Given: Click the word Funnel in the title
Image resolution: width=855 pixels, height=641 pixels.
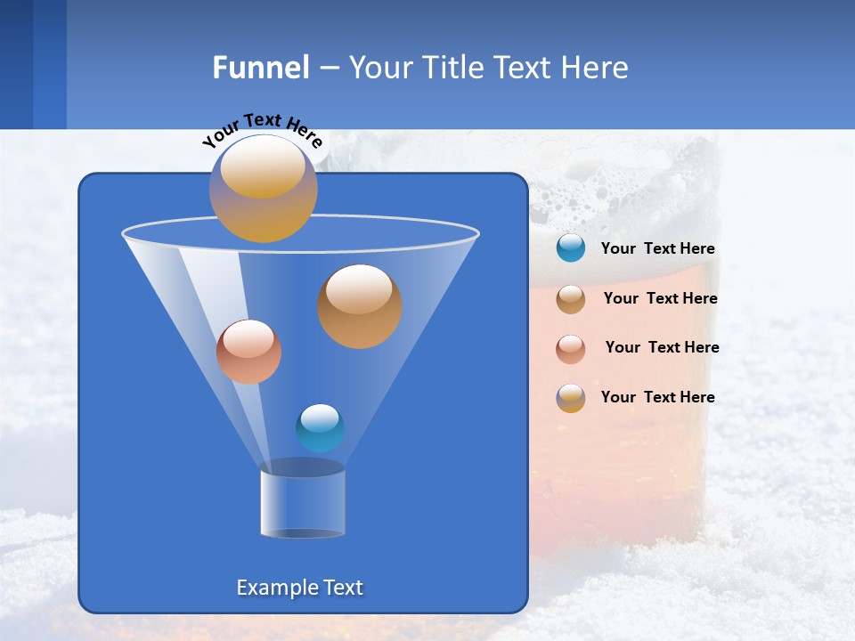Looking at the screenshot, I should pyautogui.click(x=260, y=68).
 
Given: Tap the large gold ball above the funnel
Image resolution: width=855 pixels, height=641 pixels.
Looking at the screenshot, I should pyautogui.click(x=263, y=188).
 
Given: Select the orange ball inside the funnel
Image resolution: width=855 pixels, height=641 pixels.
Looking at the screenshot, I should pyautogui.click(x=359, y=305).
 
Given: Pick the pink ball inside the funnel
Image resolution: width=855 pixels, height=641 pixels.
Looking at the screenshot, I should pyautogui.click(x=248, y=351).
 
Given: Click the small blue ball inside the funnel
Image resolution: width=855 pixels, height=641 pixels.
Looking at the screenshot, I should pyautogui.click(x=320, y=427).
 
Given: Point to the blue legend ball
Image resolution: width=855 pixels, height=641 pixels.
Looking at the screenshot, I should pyautogui.click(x=571, y=248).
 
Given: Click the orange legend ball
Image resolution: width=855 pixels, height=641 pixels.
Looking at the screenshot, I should pyautogui.click(x=571, y=298).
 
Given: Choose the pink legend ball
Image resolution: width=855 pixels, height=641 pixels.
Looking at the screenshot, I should pyautogui.click(x=571, y=348).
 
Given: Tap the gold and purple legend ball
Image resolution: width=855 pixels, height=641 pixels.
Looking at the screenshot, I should pyautogui.click(x=571, y=398).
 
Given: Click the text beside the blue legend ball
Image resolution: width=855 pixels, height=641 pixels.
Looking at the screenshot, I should pyautogui.click(x=657, y=249).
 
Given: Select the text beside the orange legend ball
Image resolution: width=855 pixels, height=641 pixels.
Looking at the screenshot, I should pyautogui.click(x=660, y=299).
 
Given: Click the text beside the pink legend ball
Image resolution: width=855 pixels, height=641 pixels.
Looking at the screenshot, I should pyautogui.click(x=662, y=348).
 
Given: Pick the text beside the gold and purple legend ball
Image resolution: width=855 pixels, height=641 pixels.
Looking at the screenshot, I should pyautogui.click(x=657, y=397).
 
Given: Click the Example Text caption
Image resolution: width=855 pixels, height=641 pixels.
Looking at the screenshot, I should pyautogui.click(x=299, y=588).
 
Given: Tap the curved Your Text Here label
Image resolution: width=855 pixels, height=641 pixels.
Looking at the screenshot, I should pyautogui.click(x=262, y=129).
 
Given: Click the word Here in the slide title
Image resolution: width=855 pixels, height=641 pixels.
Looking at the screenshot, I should pyautogui.click(x=595, y=68).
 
